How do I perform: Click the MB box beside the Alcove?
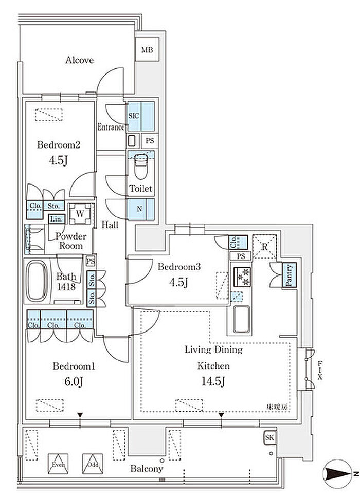148,50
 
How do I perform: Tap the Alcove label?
80,60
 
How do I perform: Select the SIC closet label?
133,116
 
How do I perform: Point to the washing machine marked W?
81,213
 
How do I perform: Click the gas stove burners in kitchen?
242,277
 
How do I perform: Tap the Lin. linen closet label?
56,219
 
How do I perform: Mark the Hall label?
110,224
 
